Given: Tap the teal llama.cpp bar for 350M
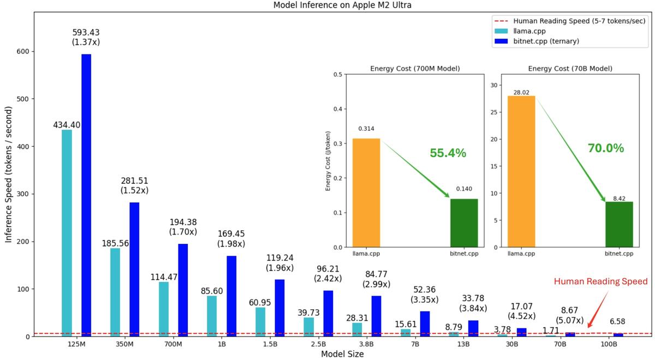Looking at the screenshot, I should (x=115, y=292).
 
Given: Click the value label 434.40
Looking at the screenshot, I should (x=67, y=125).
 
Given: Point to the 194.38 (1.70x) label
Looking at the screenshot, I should (x=183, y=227).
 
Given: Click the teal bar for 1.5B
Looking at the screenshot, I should (x=260, y=322).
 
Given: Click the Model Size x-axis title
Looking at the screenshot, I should (x=342, y=354).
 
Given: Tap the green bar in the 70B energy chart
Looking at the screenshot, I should (x=619, y=224).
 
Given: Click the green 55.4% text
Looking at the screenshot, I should (x=448, y=153).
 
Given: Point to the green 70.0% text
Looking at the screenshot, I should (x=605, y=148).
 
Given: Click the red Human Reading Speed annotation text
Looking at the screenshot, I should (x=600, y=281).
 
